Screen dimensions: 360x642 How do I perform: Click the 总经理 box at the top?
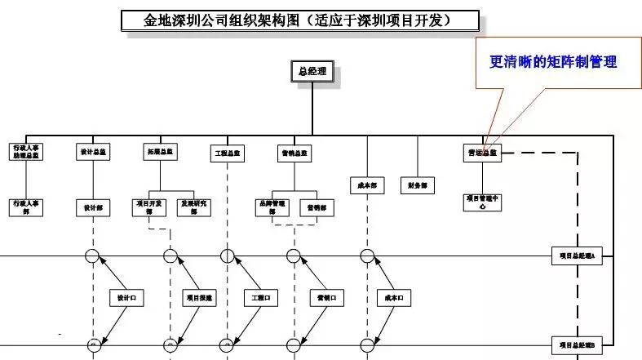pyautogui.click(x=312, y=72)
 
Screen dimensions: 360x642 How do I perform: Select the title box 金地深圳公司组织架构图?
pyautogui.click(x=299, y=20)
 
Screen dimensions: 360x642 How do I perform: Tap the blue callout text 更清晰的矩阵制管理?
pyautogui.click(x=552, y=62)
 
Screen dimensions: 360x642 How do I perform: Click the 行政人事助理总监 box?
pyautogui.click(x=26, y=153)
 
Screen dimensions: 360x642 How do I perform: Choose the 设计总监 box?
pyautogui.click(x=93, y=152)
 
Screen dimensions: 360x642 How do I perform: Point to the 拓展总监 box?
pyautogui.click(x=161, y=152)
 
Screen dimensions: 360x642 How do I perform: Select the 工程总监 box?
pyautogui.click(x=228, y=153)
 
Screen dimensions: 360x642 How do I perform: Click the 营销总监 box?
pyautogui.click(x=294, y=153)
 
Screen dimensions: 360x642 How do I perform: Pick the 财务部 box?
pyautogui.click(x=418, y=185)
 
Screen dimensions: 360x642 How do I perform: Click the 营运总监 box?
pyautogui.click(x=482, y=153)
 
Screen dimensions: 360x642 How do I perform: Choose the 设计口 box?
pyautogui.click(x=127, y=299)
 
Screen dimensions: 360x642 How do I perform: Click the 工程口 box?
pyautogui.click(x=261, y=299)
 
